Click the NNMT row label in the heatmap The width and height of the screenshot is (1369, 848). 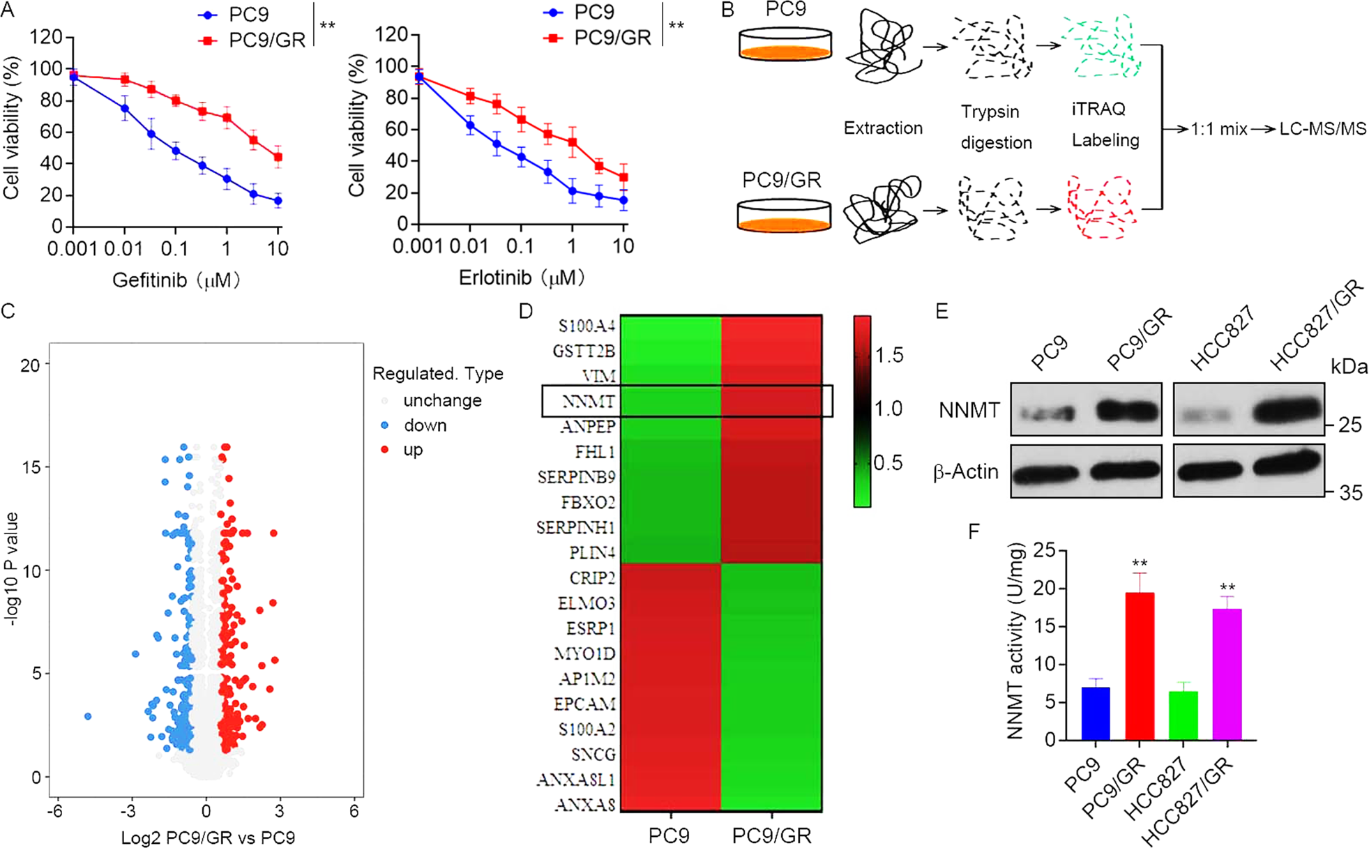[589, 402]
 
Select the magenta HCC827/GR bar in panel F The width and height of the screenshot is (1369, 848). [1227, 674]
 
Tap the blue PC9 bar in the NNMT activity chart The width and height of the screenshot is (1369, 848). [1096, 713]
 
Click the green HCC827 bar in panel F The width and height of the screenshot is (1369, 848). [1183, 715]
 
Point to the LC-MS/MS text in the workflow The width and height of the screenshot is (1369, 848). [1322, 129]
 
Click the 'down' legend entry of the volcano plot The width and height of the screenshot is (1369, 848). [424, 425]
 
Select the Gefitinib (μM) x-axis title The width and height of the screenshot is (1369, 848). [176, 280]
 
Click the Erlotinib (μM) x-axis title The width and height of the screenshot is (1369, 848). [521, 278]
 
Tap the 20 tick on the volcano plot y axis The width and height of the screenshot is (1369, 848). [30, 365]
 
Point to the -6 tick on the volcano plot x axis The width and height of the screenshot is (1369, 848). [54, 811]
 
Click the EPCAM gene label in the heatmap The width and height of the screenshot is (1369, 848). [584, 704]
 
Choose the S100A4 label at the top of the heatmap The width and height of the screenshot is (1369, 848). [587, 326]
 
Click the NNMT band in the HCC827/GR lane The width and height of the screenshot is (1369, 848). [1286, 410]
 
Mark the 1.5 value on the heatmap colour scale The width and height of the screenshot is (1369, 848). [888, 355]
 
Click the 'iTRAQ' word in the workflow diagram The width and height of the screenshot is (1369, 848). [1098, 109]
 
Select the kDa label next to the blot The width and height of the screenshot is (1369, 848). [1349, 367]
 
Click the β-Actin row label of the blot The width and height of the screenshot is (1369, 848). [966, 472]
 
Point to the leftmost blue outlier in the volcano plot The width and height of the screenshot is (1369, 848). [88, 716]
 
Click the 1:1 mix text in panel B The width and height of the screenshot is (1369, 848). [1218, 129]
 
